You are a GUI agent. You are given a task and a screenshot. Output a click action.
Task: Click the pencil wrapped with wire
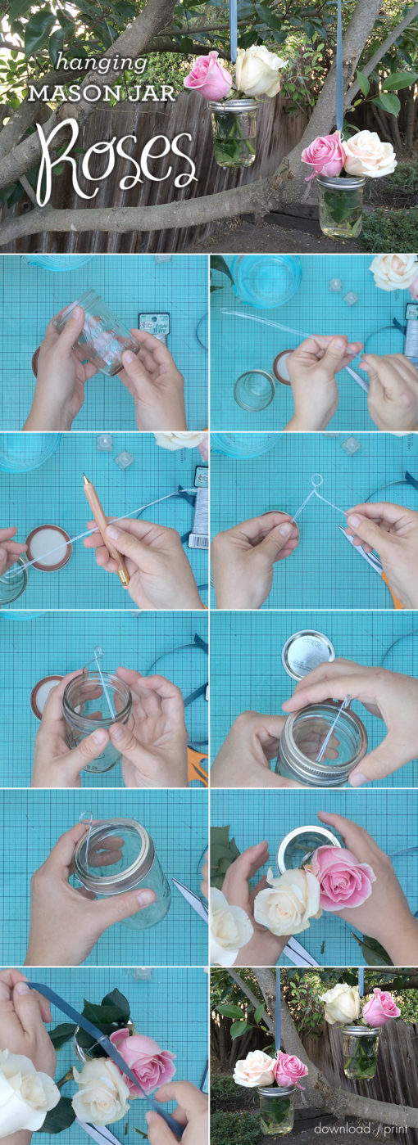click(x=105, y=528)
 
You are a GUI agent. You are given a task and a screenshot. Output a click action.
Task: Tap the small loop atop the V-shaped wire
click(x=316, y=481)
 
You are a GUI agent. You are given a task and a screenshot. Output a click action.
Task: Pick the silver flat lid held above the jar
click(x=307, y=652)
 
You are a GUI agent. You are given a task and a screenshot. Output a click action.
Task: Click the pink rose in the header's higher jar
click(x=208, y=76)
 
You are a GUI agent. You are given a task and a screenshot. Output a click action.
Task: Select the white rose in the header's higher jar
click(x=259, y=70)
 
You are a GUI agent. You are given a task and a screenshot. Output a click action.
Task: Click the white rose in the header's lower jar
click(x=370, y=153)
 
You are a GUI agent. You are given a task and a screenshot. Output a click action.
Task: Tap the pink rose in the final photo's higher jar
click(x=380, y=1006)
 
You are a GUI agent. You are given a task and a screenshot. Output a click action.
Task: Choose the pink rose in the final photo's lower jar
click(x=290, y=1069)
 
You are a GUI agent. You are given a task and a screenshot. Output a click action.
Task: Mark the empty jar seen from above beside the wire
click(x=254, y=390)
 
